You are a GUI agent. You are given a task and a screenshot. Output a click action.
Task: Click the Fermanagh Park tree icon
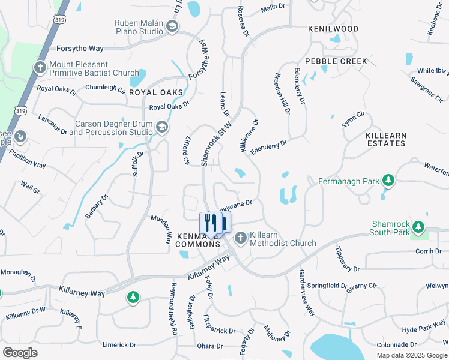coord(388,180)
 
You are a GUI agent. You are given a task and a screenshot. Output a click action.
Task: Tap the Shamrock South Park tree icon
coord(418,227)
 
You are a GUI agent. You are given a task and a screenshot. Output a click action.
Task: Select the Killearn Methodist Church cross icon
coord(241,239)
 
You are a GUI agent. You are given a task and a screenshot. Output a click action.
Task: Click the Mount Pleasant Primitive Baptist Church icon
coord(40,67)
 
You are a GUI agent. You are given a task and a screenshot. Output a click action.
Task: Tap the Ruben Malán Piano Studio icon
coord(172,26)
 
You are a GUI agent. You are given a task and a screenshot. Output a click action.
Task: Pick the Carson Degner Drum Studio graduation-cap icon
coord(161,127)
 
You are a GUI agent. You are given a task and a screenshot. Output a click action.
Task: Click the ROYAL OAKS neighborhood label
coord(155,92)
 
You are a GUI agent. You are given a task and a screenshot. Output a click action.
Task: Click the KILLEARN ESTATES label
coord(385,140)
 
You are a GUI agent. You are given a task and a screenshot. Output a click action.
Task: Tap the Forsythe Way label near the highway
coord(80,49)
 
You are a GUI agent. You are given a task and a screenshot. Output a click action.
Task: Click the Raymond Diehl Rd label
coord(174,308)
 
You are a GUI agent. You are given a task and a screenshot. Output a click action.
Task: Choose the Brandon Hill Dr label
coord(282,93)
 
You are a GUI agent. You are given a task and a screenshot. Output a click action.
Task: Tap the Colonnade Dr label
coord(397,345)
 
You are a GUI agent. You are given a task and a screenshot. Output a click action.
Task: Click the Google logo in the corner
coord(20,353)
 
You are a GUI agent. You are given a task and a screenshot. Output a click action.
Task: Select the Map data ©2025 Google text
coord(411,355)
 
